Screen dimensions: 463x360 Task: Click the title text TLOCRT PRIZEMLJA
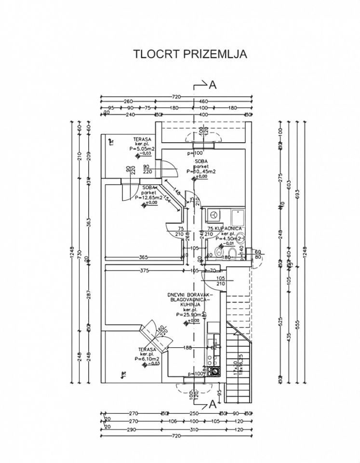pos(190,54)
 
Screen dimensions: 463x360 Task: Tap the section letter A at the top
pos(213,85)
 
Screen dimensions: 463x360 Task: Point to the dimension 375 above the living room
pos(144,271)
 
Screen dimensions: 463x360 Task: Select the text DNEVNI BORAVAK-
pos(190,294)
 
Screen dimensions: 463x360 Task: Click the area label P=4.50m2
pos(227,238)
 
